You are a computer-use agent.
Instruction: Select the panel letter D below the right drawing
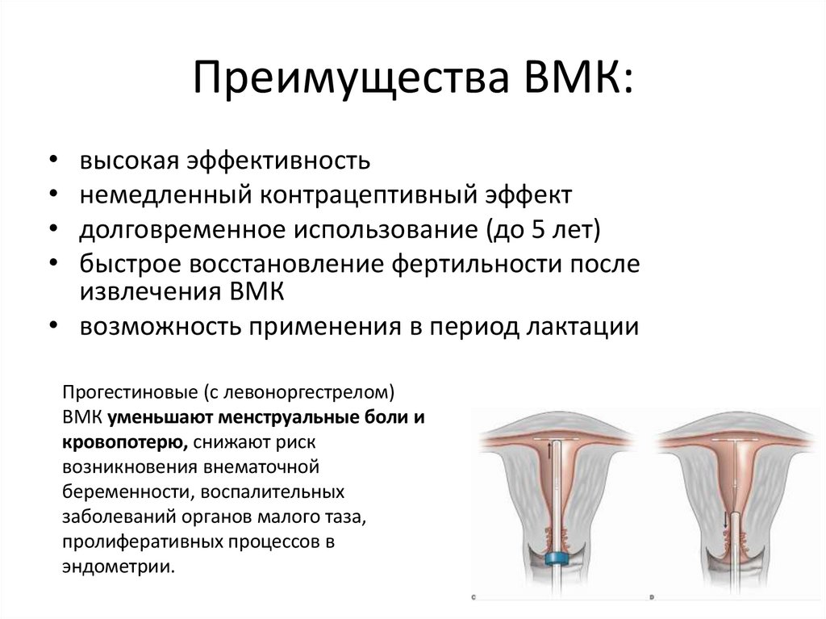point(652,599)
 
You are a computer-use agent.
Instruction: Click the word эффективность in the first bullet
point(277,160)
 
